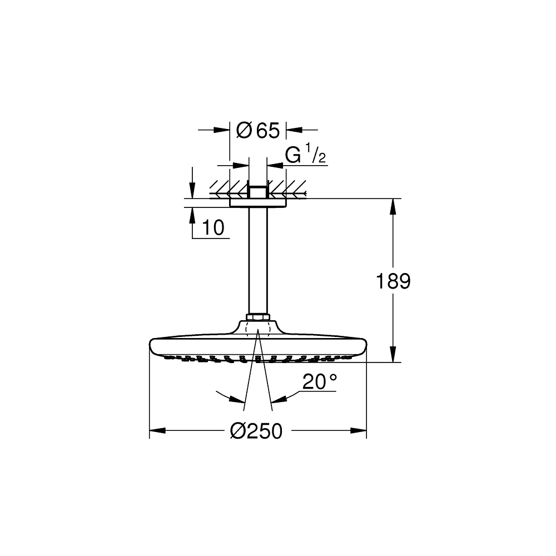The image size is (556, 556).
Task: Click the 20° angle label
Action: (x=320, y=382)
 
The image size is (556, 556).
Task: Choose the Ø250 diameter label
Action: (x=257, y=430)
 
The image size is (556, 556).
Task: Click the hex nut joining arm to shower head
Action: (x=258, y=318)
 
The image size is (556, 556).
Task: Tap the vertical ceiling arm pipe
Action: (x=258, y=261)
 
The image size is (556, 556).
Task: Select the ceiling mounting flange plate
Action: (x=258, y=203)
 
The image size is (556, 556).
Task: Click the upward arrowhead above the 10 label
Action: (x=192, y=215)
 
